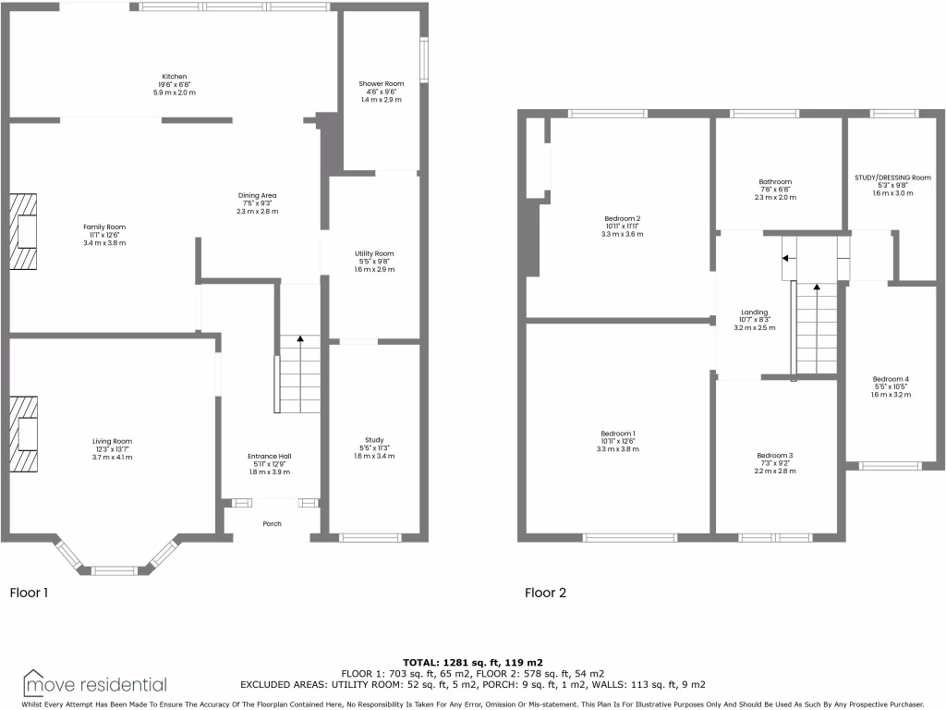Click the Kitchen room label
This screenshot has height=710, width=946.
(175, 77)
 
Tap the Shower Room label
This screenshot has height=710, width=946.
(382, 84)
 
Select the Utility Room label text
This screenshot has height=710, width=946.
(374, 253)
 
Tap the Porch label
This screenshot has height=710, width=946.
(272, 524)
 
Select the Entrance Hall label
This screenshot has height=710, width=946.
(269, 457)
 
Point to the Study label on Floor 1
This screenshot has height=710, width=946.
(374, 440)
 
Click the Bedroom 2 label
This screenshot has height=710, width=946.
(622, 219)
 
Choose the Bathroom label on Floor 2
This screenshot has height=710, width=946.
(775, 182)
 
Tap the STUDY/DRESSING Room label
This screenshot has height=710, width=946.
(892, 177)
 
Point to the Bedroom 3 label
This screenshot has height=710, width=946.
(775, 456)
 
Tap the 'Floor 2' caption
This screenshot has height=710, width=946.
(545, 593)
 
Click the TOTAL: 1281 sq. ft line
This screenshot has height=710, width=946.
(472, 663)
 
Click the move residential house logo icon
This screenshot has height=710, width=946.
(35, 682)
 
